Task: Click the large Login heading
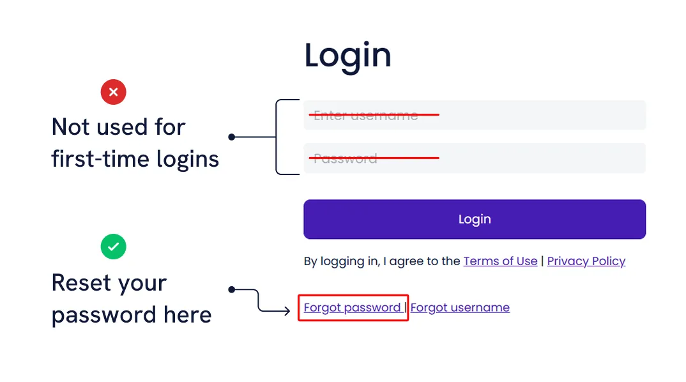[x=347, y=56]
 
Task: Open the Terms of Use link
[x=500, y=261]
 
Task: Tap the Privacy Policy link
[x=586, y=261]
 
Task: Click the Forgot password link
[x=352, y=307]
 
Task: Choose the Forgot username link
[x=460, y=307]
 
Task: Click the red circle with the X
[x=114, y=93]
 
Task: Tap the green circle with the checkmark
[x=114, y=247]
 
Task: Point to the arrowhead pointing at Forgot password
[x=288, y=312]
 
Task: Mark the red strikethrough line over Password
[x=374, y=157]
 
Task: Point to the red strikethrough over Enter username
[x=374, y=115]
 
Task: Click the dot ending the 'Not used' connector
[x=232, y=137]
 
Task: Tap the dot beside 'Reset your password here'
[x=232, y=289]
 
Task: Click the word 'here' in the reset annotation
[x=187, y=314]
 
